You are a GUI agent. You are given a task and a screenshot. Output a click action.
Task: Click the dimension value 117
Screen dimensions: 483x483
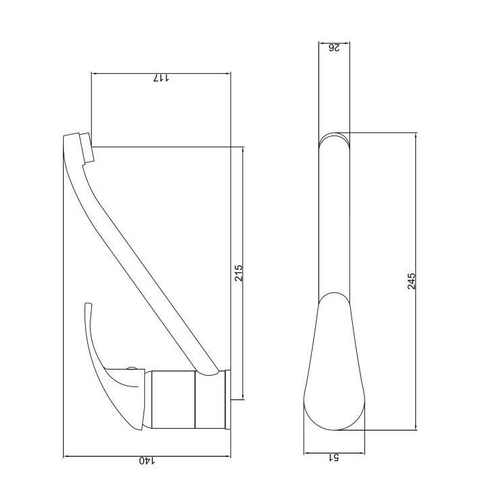click(x=162, y=78)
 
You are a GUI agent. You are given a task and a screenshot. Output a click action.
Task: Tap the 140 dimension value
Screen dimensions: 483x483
click(x=147, y=461)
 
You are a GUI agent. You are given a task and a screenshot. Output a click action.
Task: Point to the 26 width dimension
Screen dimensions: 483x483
click(x=333, y=48)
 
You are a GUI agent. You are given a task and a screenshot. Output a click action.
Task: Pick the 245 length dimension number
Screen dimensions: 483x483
click(x=412, y=280)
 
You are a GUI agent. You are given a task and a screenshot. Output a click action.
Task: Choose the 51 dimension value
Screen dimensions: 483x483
click(x=333, y=458)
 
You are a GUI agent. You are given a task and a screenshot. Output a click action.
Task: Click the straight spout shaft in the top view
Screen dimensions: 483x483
click(x=333, y=221)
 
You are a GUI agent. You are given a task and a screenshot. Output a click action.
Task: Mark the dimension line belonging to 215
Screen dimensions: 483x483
click(x=244, y=201)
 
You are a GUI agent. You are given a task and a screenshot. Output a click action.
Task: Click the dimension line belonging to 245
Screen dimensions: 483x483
click(x=417, y=201)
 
